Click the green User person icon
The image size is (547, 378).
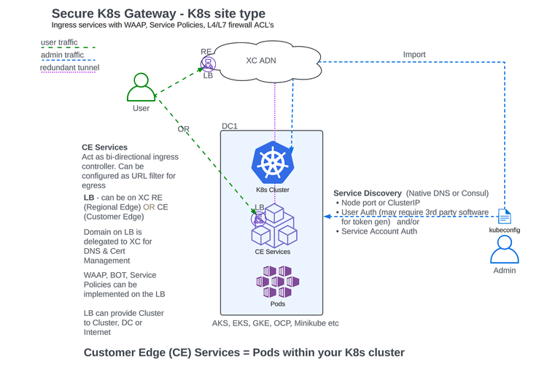click(x=141, y=88)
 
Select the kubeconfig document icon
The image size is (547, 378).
click(x=504, y=217)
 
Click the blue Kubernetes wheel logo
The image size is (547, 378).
click(x=272, y=163)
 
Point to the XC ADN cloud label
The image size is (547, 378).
click(x=260, y=61)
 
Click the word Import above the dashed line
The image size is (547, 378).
click(x=414, y=55)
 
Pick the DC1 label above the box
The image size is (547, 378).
click(x=230, y=126)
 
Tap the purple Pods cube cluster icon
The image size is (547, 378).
click(x=277, y=282)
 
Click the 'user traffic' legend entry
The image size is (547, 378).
click(x=59, y=42)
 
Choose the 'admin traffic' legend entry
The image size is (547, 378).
click(x=62, y=55)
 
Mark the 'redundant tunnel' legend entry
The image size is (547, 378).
click(x=69, y=68)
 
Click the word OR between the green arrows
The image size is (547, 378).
click(x=183, y=129)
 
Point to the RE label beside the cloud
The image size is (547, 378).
click(x=206, y=52)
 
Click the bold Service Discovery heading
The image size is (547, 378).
click(x=367, y=193)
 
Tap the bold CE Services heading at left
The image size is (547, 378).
click(x=104, y=147)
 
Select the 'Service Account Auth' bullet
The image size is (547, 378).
click(x=379, y=231)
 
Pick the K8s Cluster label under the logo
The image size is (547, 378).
click(x=272, y=190)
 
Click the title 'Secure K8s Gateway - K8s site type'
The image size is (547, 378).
click(x=158, y=14)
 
